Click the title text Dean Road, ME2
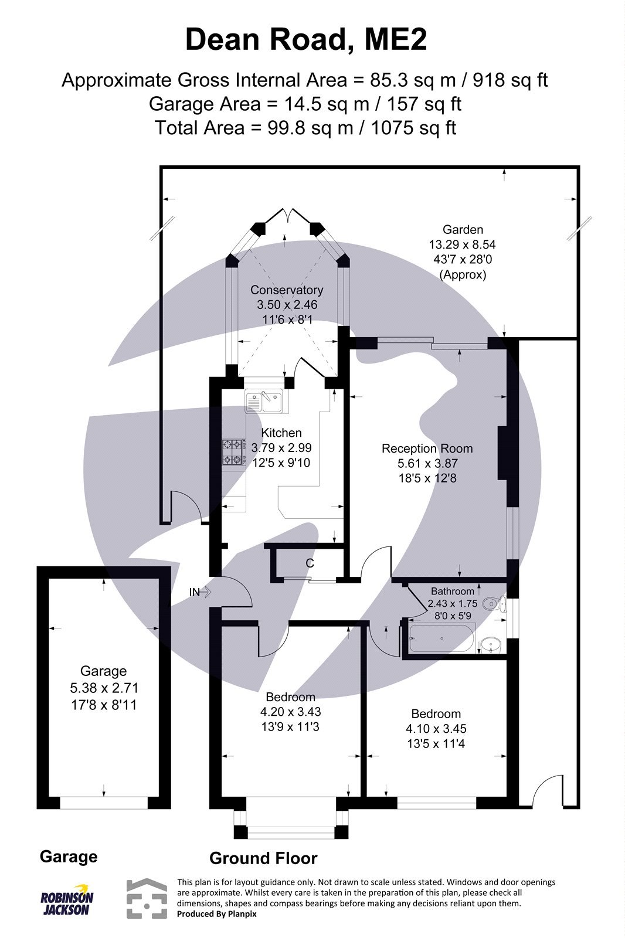(306, 41)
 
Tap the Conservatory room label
(286, 290)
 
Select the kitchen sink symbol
(264, 402)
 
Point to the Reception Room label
(427, 448)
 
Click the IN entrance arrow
(200, 592)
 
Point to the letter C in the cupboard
(310, 563)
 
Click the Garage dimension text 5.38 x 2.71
(103, 688)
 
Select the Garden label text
(463, 229)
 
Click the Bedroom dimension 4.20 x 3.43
(290, 712)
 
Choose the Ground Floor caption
(263, 858)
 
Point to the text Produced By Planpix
(216, 913)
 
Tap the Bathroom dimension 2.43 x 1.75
(453, 603)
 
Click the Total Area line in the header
(305, 127)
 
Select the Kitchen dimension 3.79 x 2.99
(281, 447)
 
